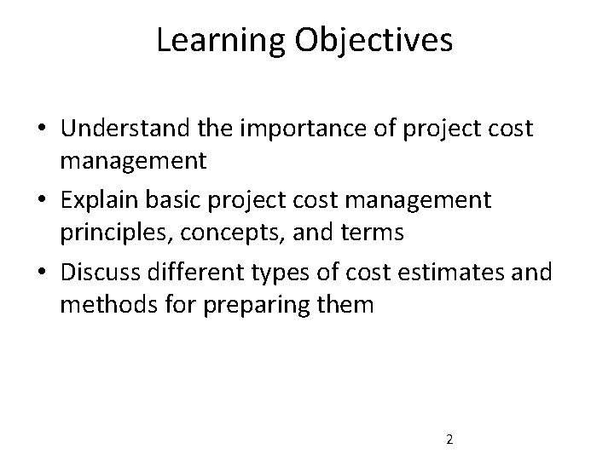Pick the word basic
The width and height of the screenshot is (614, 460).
[x=200, y=201]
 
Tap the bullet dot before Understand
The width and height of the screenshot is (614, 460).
[x=40, y=129]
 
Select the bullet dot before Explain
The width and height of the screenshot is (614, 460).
[x=40, y=202]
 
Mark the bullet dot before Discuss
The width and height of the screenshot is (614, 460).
[x=40, y=274]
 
